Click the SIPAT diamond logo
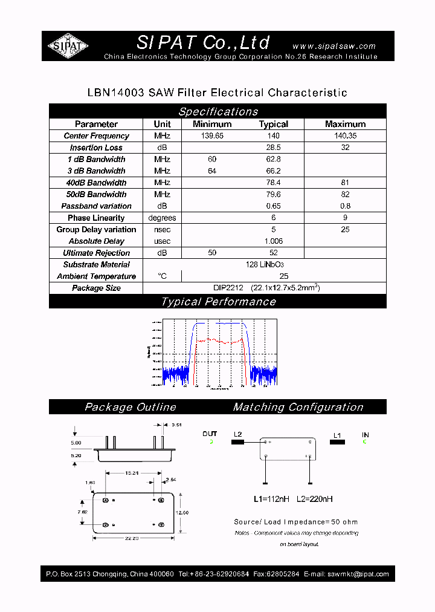click(68, 46)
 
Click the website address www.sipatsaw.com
click(333, 46)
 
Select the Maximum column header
click(345, 124)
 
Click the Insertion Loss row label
click(96, 148)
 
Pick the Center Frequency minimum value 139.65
click(211, 136)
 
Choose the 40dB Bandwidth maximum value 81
click(345, 183)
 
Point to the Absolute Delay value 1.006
click(273, 241)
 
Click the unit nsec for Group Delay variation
click(162, 229)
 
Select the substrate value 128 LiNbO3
click(265, 265)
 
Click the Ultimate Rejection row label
click(96, 253)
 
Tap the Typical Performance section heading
click(218, 302)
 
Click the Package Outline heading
click(130, 407)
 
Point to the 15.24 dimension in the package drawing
click(134, 473)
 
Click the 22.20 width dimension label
click(134, 538)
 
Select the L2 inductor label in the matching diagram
click(237, 435)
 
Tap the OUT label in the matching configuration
click(210, 434)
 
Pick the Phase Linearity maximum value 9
click(345, 218)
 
